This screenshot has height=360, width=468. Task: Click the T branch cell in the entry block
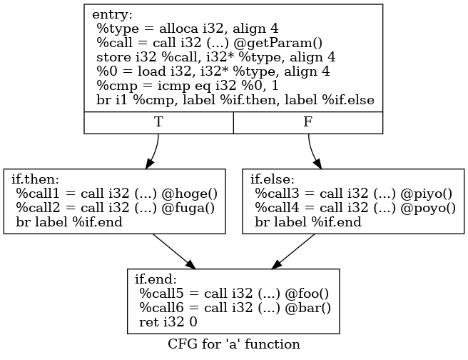point(158,122)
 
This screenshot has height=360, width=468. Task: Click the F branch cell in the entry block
point(307,122)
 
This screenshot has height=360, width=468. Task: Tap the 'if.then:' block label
point(34,179)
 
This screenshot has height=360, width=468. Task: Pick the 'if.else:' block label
point(273,179)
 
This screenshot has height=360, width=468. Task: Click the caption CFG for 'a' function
point(233,344)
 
